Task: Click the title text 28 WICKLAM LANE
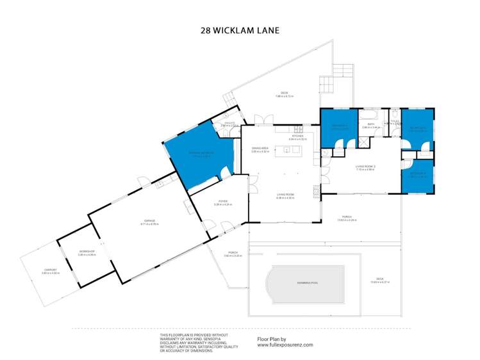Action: click(240, 29)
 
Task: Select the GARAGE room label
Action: click(149, 221)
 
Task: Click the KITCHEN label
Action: click(297, 136)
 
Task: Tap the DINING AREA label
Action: click(260, 149)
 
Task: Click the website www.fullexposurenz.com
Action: click(285, 345)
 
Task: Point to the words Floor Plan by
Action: click(271, 339)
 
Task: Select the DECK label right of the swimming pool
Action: click(380, 281)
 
